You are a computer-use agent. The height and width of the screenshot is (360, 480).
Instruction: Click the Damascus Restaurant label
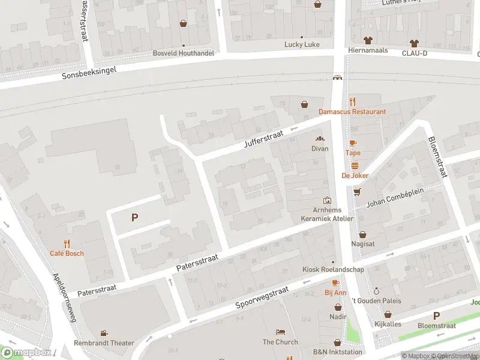352,112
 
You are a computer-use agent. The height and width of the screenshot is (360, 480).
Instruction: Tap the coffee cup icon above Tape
353,143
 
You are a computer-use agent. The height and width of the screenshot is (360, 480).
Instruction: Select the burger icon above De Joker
355,166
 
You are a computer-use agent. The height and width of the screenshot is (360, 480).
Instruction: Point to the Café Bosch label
67,253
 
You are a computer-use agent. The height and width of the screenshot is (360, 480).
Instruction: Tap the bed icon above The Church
280,332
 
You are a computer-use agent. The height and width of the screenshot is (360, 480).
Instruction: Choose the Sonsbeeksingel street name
89,73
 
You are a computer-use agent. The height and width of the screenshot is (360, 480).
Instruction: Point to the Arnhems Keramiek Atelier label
327,214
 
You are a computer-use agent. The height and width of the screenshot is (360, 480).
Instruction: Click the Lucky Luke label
302,45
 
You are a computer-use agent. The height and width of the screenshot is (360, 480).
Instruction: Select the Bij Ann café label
336,293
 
